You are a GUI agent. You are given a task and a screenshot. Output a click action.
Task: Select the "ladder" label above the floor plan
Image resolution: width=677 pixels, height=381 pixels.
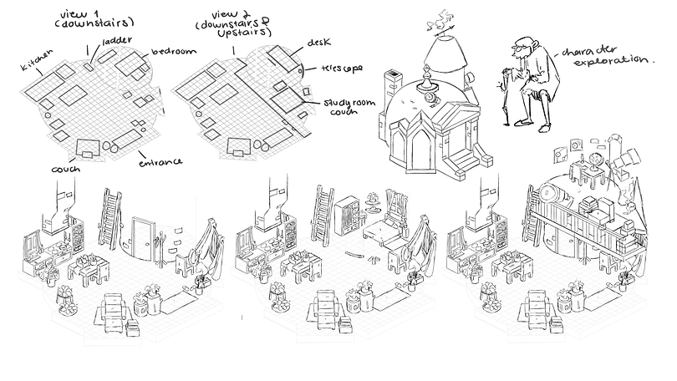(x=115, y=39)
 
